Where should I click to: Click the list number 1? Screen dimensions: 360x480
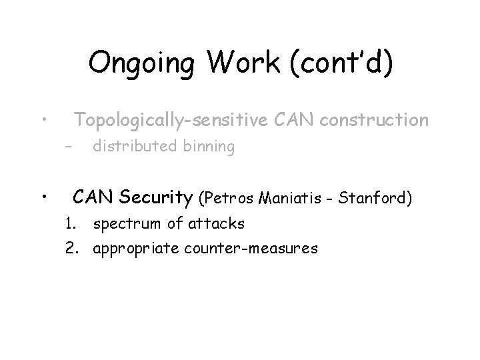(x=71, y=223)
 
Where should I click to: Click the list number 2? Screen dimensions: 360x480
(x=71, y=249)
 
